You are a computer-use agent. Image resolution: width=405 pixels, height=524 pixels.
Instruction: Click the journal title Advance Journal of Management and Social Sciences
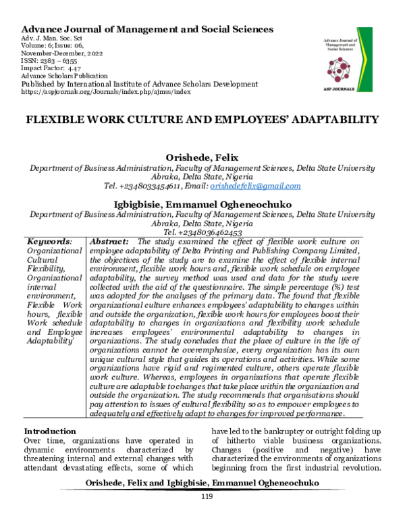tap(148, 29)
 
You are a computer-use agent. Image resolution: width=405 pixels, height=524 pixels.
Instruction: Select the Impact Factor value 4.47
tap(72, 68)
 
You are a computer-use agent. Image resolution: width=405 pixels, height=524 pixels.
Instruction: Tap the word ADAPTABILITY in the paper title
tap(325, 120)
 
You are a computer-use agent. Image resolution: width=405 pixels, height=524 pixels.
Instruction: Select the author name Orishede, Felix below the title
tap(202, 157)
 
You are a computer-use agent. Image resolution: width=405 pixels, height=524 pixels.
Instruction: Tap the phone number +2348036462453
tap(202, 232)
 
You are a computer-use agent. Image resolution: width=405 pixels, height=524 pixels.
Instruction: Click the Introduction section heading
tap(50, 431)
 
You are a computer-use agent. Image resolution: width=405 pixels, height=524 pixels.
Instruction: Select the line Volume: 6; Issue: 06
tap(61, 45)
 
